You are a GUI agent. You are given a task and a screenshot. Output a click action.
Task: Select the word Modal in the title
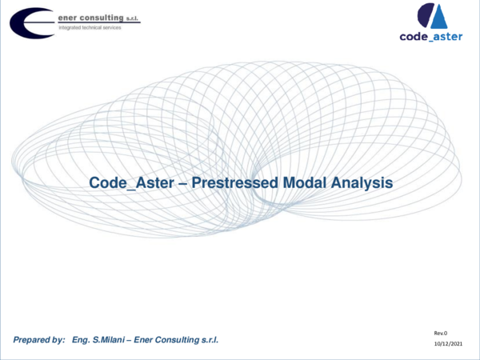click(302, 183)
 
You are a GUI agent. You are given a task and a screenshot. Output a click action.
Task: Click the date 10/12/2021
click(448, 344)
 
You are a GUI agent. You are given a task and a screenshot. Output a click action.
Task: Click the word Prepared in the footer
click(32, 341)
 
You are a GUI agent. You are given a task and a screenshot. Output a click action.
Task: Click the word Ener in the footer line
click(153, 341)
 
